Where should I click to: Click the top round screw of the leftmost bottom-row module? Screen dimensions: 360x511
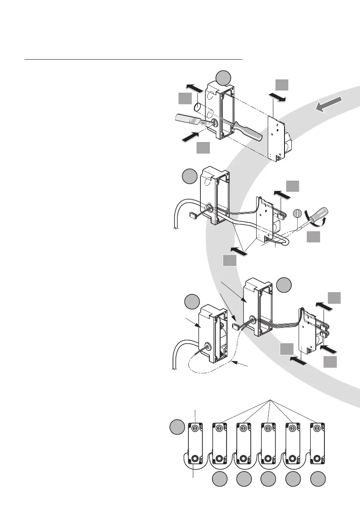[195, 428]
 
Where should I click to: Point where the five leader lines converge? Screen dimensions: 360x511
[269, 400]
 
